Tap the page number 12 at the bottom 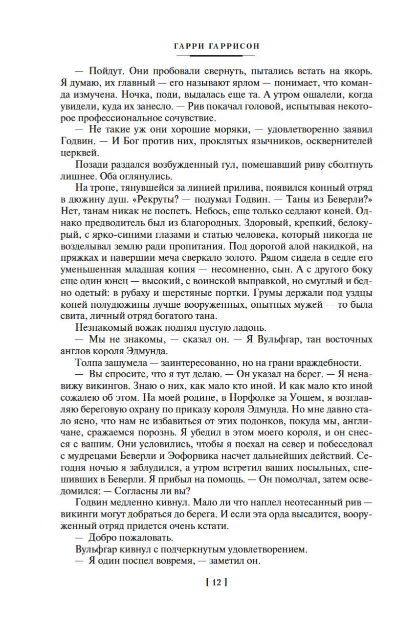217,582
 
